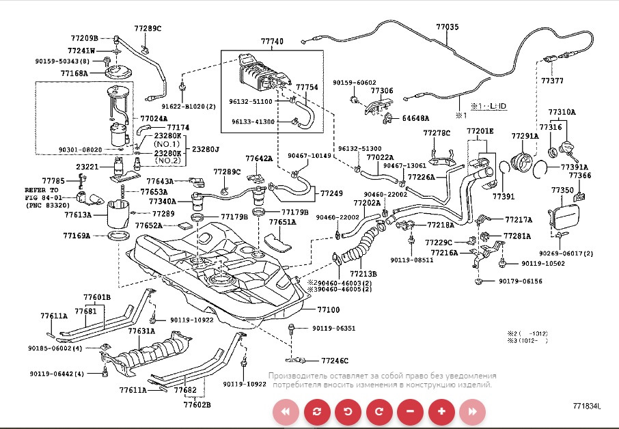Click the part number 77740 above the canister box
tap(271, 42)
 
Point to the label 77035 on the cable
tap(448, 27)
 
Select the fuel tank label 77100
tap(329, 309)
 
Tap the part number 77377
tap(552, 81)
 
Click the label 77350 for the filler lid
tap(562, 189)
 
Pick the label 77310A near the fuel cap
tap(562, 112)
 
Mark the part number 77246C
tap(335, 360)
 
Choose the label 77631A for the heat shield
tap(141, 331)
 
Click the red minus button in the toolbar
tap(410, 411)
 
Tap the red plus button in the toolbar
tap(441, 411)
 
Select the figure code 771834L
tap(587, 406)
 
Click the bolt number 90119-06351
tap(334, 329)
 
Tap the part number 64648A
tap(415, 118)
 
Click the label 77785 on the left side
tap(53, 180)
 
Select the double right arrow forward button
tap(472, 411)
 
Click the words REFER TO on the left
tap(42, 189)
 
